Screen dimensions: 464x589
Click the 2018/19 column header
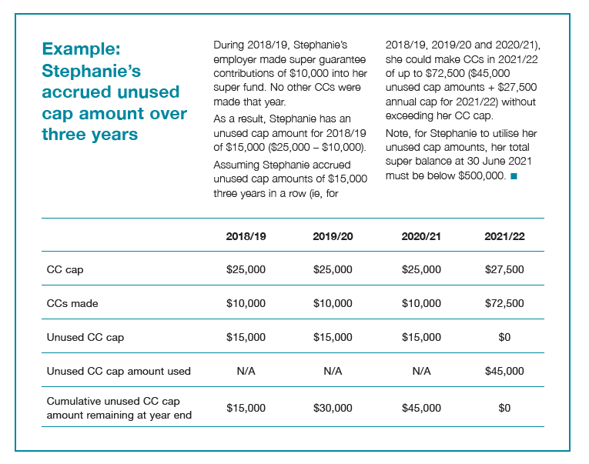[246, 236]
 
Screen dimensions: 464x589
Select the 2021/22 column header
[504, 236]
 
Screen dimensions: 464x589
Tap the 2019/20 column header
[333, 236]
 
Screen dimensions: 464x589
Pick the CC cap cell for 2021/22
[504, 269]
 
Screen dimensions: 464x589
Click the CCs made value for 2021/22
[504, 303]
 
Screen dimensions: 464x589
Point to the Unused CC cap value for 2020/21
[421, 337]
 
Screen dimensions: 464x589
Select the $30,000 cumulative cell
[333, 407]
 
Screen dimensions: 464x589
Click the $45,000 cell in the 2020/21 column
[421, 407]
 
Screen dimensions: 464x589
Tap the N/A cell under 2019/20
[333, 371]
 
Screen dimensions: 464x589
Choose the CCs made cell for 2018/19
[246, 303]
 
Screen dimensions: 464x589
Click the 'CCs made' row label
[72, 303]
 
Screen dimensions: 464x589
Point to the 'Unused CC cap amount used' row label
[119, 371]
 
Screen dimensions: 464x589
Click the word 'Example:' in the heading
[81, 49]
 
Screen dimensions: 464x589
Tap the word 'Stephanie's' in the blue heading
[90, 71]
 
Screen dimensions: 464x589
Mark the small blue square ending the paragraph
[514, 176]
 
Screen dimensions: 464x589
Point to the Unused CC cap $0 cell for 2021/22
[504, 337]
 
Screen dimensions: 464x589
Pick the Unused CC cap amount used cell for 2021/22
[504, 371]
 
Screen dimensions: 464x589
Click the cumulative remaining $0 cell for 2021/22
[504, 407]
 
